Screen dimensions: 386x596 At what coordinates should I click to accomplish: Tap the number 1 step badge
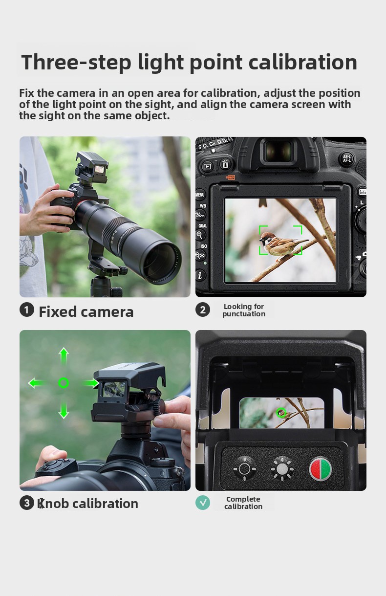click(x=26, y=309)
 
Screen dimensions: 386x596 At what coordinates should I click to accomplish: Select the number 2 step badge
click(x=203, y=309)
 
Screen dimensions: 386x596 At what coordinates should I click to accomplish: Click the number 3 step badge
click(x=26, y=503)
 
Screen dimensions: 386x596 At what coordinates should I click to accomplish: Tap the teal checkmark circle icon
click(x=203, y=503)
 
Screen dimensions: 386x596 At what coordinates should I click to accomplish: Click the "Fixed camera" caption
click(x=86, y=311)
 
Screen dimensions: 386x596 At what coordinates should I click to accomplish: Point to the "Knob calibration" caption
click(x=88, y=504)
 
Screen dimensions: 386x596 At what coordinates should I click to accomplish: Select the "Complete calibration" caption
click(x=243, y=503)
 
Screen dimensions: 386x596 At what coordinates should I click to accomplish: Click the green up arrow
click(x=64, y=356)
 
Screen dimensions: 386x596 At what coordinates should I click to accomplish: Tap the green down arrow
click(x=64, y=410)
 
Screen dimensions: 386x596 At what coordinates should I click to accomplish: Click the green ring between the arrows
click(x=64, y=379)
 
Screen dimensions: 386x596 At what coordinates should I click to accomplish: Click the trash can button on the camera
click(x=225, y=164)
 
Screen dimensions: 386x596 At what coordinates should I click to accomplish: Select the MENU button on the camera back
click(x=200, y=195)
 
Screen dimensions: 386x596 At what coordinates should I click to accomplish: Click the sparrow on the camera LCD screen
click(x=282, y=243)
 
